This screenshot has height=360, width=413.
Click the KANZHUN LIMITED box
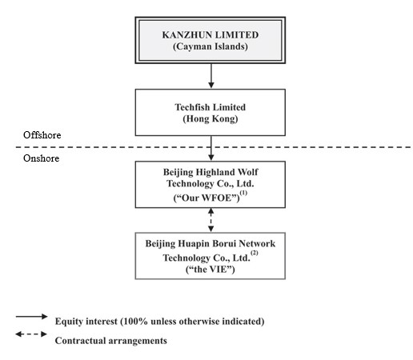click(x=211, y=40)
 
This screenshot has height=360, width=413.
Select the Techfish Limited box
click(x=211, y=113)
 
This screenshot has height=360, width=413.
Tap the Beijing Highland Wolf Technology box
click(x=211, y=185)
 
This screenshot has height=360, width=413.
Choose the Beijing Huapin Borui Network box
click(x=211, y=256)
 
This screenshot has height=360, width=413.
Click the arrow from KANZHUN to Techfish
click(x=211, y=76)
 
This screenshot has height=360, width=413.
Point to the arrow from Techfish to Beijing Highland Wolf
click(x=211, y=148)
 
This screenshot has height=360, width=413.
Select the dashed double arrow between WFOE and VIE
click(x=211, y=220)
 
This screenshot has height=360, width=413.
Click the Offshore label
click(x=42, y=135)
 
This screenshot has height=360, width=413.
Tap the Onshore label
click(x=42, y=158)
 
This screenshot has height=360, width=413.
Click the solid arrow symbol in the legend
click(x=31, y=317)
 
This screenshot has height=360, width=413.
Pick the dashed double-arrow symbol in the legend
click(x=31, y=334)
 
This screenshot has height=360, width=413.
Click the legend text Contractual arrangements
click(x=111, y=341)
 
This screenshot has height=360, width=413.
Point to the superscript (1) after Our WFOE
click(x=243, y=193)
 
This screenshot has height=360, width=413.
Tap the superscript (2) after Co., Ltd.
click(x=255, y=253)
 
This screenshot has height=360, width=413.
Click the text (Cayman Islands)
click(x=211, y=46)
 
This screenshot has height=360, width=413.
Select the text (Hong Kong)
click(x=211, y=118)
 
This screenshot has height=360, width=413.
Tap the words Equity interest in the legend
click(x=86, y=322)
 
